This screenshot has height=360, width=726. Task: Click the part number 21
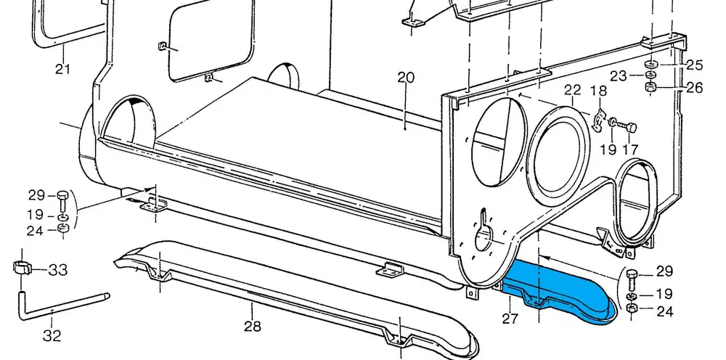click(x=62, y=69)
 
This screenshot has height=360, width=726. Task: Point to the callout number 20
click(x=405, y=78)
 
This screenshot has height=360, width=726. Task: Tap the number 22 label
click(x=573, y=90)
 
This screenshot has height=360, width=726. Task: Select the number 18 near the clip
click(x=598, y=91)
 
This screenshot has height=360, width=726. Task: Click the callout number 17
click(x=629, y=150)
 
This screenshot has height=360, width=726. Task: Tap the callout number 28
click(x=252, y=327)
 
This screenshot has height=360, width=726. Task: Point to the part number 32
click(x=52, y=336)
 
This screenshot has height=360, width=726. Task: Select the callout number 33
click(x=58, y=270)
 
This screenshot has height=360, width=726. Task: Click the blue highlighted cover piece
click(x=559, y=291)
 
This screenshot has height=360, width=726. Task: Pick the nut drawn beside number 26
click(x=651, y=89)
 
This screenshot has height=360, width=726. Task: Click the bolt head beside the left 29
click(x=62, y=195)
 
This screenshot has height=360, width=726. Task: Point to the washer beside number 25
click(x=651, y=65)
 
